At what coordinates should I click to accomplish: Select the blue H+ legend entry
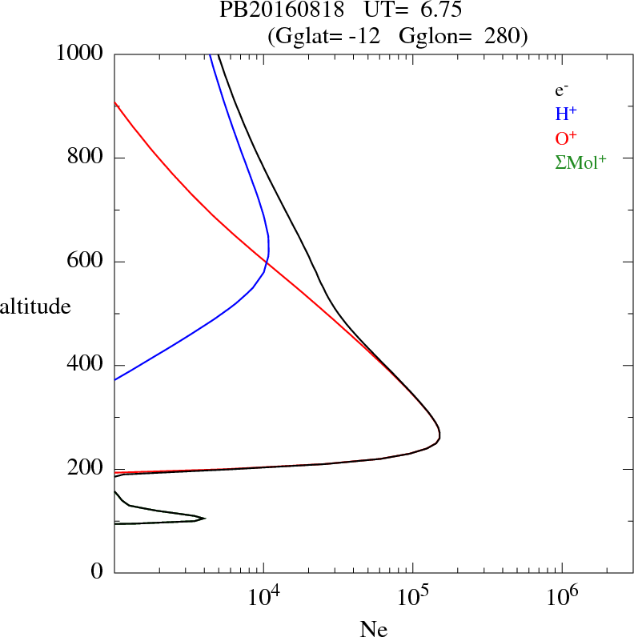point(566,114)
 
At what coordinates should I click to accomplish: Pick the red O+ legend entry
point(566,138)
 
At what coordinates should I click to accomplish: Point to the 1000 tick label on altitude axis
point(80,54)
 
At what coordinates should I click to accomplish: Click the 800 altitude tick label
point(86,158)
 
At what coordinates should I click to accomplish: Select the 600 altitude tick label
point(86,262)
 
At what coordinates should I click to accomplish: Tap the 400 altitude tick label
point(86,366)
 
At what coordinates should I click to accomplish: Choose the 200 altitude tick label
point(86,470)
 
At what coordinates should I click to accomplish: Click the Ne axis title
point(373,629)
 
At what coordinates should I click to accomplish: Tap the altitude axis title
point(35,306)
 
